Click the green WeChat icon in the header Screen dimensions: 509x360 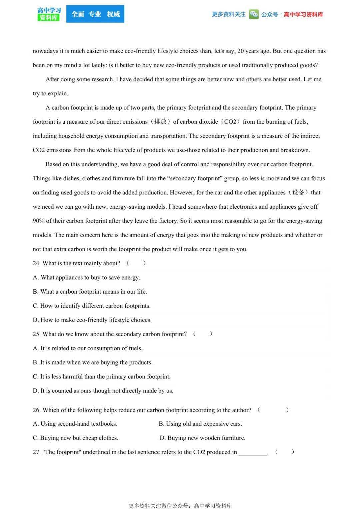[x=254, y=14]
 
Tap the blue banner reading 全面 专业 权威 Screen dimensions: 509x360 [x=95, y=14]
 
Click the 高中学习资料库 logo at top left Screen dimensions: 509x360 [x=49, y=14]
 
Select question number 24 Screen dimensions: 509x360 [x=36, y=263]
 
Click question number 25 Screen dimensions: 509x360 [x=36, y=334]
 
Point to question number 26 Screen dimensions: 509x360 [x=36, y=410]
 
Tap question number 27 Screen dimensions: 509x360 [x=36, y=452]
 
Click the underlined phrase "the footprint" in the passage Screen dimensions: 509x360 [x=125, y=249]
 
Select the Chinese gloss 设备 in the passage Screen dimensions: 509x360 [x=298, y=192]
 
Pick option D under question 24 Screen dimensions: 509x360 [x=92, y=320]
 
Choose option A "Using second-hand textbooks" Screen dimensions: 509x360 [x=75, y=424]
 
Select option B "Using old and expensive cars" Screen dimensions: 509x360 [x=200, y=424]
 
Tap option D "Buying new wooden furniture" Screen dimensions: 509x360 [x=202, y=438]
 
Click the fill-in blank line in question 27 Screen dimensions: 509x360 [x=253, y=453]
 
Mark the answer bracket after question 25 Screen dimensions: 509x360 [x=202, y=334]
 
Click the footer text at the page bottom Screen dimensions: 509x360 [x=180, y=505]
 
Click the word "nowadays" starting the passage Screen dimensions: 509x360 [x=45, y=51]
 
